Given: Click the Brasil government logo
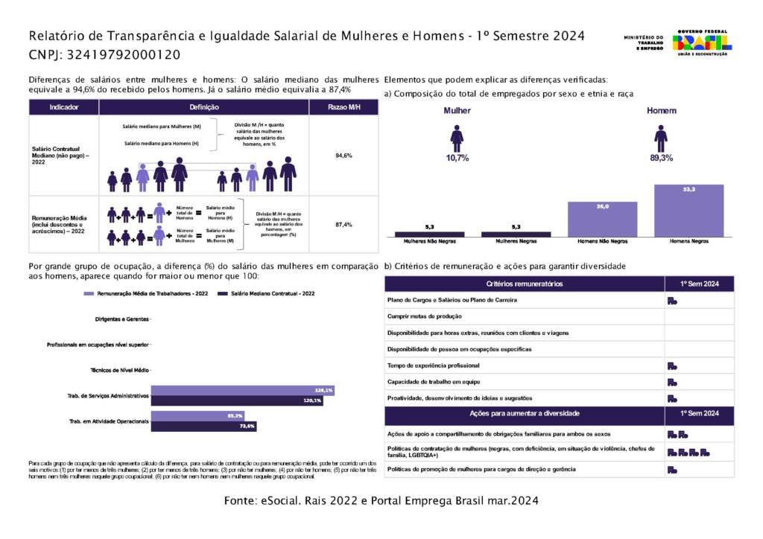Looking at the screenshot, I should pos(701,42).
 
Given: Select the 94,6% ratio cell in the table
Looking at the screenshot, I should pos(343,156).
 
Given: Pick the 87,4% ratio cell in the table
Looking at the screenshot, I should pos(343,224).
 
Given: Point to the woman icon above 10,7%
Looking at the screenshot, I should pos(457,138).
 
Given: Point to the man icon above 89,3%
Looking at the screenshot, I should pos(660,138).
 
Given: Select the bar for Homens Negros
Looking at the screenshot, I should pos(688,211).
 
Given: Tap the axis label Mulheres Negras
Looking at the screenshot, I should pos(516,242).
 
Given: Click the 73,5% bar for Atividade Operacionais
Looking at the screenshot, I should pos(203,426).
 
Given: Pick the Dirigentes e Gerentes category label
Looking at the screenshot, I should pos(122,319).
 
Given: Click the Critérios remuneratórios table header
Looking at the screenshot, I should pos(524,284).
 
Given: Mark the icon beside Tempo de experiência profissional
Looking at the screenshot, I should pos(671,366).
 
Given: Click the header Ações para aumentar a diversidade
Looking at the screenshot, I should pos(524,413).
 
